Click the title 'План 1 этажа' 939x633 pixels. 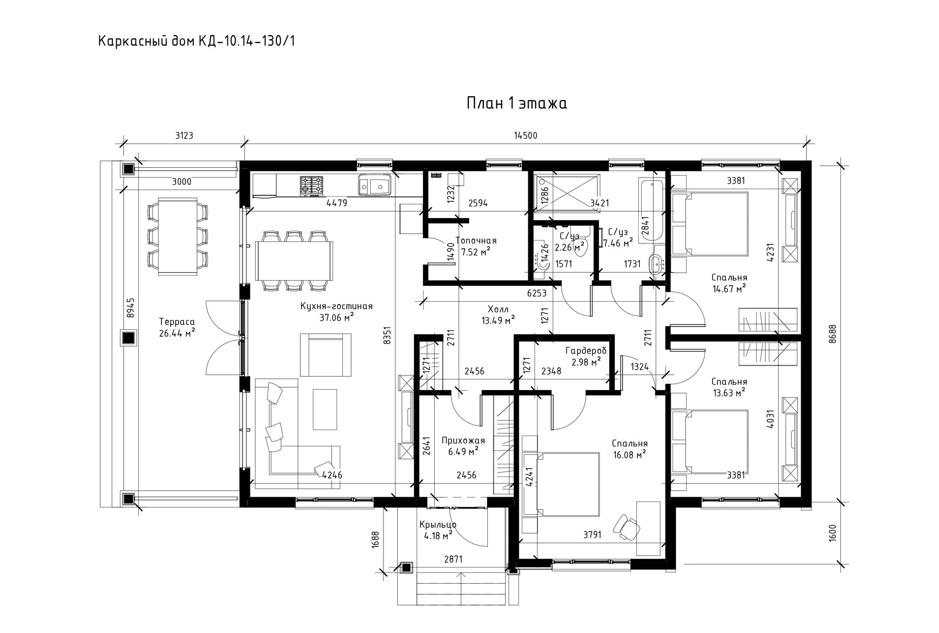coord(516,104)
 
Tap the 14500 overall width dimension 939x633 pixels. coord(526,136)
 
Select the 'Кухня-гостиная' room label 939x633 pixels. coord(336,306)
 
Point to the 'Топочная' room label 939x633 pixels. coord(476,240)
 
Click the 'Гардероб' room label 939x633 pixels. coord(586,350)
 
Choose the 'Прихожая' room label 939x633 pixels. coord(463,440)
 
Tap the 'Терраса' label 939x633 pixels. coord(177,322)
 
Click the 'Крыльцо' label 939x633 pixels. coord(438,525)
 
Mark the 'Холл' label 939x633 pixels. coord(498,309)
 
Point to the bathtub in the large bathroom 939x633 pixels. coord(651,210)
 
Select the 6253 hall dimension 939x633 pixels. coord(537,293)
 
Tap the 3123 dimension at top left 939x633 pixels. coord(184,136)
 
